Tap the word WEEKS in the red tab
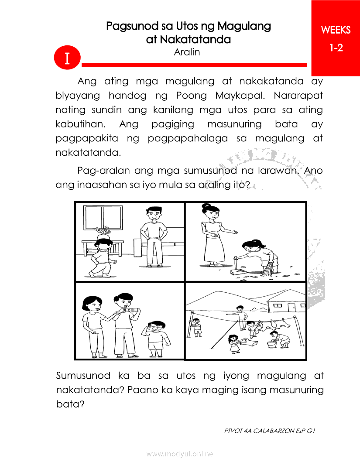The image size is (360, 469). click(x=336, y=30)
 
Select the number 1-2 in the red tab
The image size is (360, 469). click(x=336, y=48)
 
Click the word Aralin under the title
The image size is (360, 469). click(x=187, y=52)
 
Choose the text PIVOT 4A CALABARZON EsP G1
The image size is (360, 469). click(x=269, y=431)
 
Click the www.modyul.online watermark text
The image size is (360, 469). click(x=180, y=454)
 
